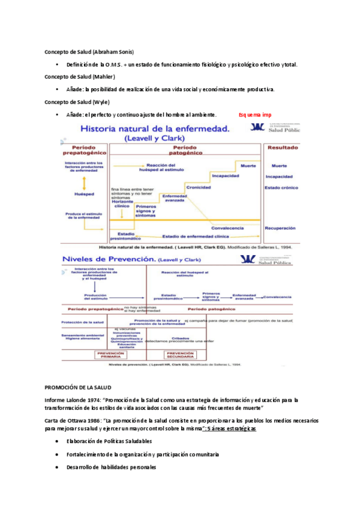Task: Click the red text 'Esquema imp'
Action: click(x=254, y=115)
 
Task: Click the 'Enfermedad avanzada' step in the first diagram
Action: click(x=175, y=198)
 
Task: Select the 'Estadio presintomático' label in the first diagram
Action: click(x=126, y=236)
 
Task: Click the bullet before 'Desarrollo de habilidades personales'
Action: click(x=56, y=467)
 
